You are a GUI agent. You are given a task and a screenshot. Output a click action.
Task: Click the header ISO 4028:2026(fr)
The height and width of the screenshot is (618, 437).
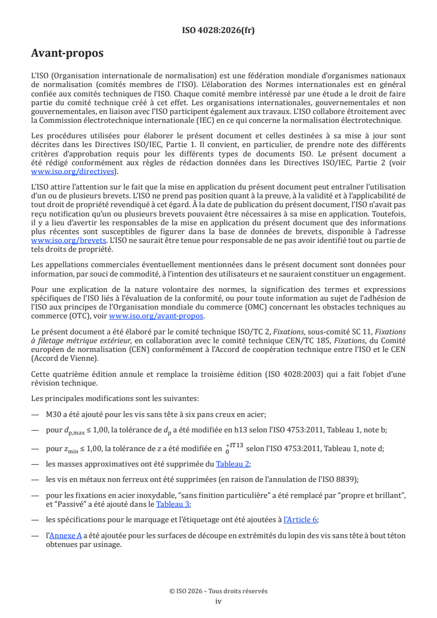tap(218, 31)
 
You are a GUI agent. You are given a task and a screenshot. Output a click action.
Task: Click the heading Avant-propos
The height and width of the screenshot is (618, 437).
tap(67, 53)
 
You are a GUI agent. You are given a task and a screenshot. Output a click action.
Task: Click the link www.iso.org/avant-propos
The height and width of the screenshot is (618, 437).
tap(156, 316)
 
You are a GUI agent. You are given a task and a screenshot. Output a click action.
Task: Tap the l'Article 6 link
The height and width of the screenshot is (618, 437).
tap(300, 519)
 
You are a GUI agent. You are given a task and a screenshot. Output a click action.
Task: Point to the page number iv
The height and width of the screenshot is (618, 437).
tap(218, 601)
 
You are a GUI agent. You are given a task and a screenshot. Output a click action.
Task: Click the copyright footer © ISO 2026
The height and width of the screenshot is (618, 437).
tap(218, 591)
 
